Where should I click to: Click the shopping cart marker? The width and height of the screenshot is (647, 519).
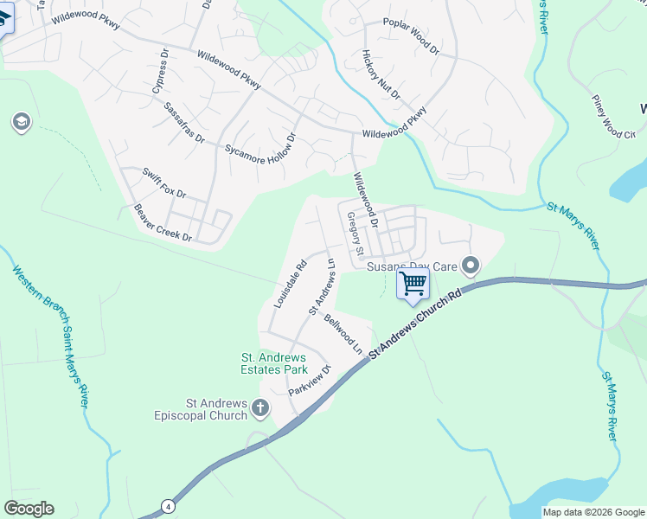coord(413,284)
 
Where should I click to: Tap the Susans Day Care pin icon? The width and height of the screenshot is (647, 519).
coord(471,265)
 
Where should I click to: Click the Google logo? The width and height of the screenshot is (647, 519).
coord(29,509)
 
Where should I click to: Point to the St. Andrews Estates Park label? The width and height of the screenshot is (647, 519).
coord(273,363)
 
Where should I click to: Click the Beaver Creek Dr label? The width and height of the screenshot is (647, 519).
coord(163,223)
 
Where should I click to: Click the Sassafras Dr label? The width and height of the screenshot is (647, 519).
coord(183,122)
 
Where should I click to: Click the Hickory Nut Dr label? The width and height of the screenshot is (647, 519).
coord(381,74)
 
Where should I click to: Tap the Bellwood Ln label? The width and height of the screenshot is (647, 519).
coord(343,334)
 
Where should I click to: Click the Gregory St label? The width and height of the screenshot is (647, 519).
coord(354,234)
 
